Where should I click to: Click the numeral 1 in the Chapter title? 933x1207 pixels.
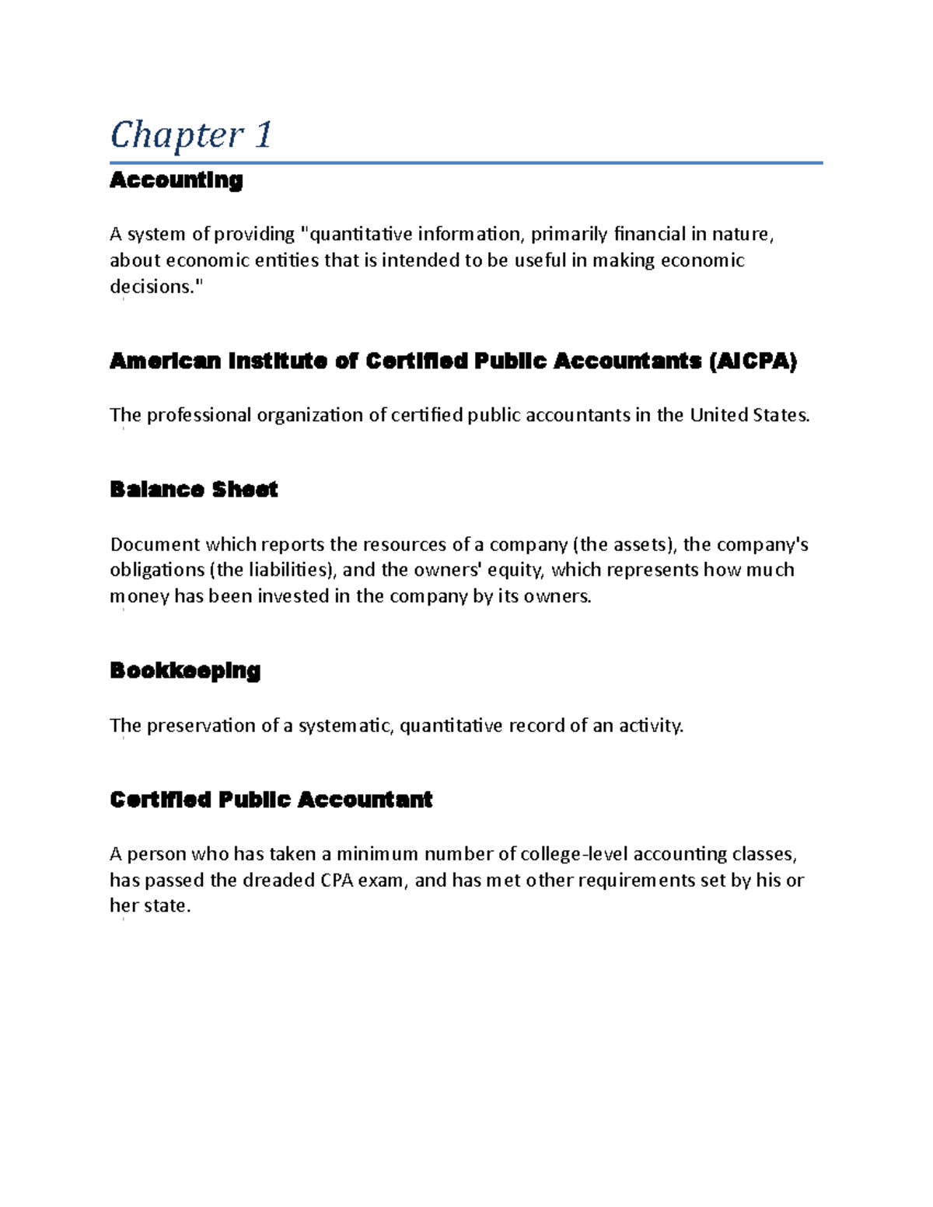[x=263, y=134]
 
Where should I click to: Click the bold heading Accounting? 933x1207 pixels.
[x=176, y=180]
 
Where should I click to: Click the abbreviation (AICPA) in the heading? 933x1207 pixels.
[x=753, y=361]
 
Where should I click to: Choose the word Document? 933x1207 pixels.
[x=155, y=544]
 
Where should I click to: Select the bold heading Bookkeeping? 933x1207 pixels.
[x=185, y=670]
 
